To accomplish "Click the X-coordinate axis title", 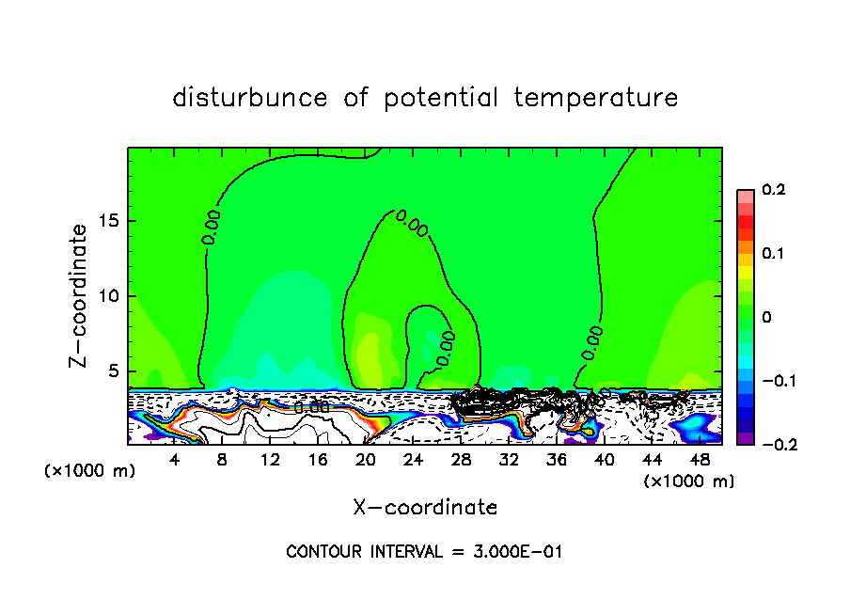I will tap(425, 508).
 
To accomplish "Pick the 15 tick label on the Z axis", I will tap(108, 221).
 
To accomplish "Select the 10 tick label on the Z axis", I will tap(108, 296).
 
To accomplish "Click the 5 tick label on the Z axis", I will tap(113, 371).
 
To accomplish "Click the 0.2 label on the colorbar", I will tap(773, 190).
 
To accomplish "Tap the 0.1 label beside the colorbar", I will tap(773, 254).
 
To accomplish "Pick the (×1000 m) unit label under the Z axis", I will tap(90, 471).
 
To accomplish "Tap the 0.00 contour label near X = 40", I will tap(593, 342).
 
